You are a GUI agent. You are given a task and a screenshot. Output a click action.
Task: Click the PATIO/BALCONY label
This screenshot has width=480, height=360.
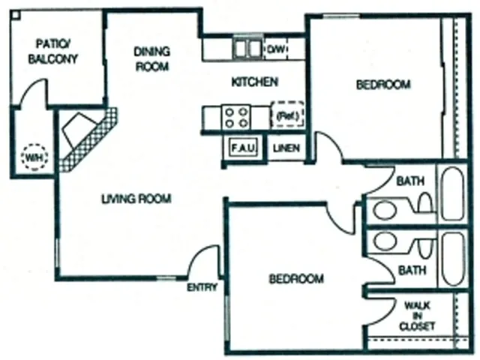52,51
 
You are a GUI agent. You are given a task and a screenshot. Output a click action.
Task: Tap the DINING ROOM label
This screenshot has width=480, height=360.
152,58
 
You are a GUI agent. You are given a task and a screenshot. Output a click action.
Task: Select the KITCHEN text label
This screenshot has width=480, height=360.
255,82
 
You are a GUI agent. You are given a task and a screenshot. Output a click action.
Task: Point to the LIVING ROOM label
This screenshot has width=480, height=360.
136,199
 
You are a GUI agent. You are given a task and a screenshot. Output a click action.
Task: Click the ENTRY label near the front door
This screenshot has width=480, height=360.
202,287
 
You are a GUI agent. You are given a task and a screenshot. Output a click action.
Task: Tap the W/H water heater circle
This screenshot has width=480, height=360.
33,158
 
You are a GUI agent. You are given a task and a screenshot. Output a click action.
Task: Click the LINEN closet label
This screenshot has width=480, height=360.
286,148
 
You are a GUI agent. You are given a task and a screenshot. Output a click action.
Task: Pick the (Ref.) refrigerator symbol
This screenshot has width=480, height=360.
287,115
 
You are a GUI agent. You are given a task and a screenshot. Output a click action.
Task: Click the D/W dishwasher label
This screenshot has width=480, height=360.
274,49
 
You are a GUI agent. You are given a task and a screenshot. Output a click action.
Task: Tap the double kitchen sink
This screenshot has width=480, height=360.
245,49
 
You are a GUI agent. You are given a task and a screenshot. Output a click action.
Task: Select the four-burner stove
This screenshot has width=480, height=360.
235,116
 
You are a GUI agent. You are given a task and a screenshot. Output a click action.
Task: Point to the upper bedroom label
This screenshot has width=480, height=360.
382,85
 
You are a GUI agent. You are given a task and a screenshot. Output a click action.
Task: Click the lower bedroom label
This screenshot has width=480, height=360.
296,279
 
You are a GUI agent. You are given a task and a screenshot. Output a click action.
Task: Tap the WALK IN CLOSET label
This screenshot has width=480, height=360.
417,316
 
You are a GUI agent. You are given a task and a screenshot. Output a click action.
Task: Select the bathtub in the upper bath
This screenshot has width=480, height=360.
452,194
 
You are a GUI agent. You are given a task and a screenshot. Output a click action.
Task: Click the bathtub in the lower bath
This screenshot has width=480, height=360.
452,258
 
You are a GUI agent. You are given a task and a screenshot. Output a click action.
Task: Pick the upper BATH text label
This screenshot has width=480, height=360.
409,181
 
